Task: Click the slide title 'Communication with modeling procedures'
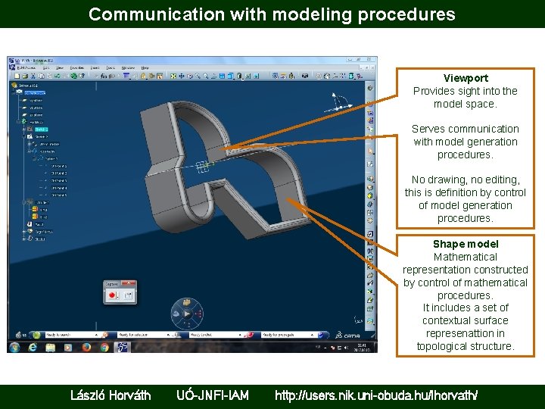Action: point(272,14)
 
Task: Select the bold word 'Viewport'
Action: point(466,78)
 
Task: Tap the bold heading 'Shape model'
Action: point(466,244)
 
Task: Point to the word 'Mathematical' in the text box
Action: point(466,257)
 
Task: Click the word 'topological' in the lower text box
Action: point(441,346)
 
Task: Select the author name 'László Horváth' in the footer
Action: point(111,395)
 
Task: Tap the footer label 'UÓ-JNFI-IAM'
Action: point(213,395)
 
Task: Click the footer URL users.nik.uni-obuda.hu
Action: point(376,395)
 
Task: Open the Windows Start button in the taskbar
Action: point(14,347)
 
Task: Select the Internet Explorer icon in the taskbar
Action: point(33,347)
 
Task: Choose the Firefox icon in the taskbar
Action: point(86,347)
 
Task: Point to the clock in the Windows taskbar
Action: point(363,347)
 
